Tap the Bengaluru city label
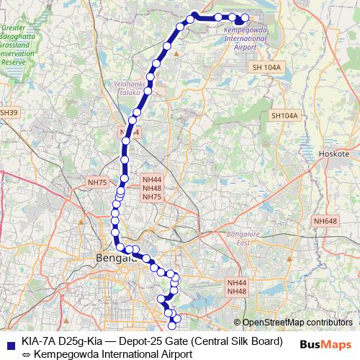point(108,258)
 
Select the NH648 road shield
point(325,221)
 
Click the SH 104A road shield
point(266,67)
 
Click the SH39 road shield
point(8,112)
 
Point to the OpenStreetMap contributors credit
point(297,323)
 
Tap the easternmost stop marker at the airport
point(245,18)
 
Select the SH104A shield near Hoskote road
point(284,115)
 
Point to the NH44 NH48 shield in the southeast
point(237,287)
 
